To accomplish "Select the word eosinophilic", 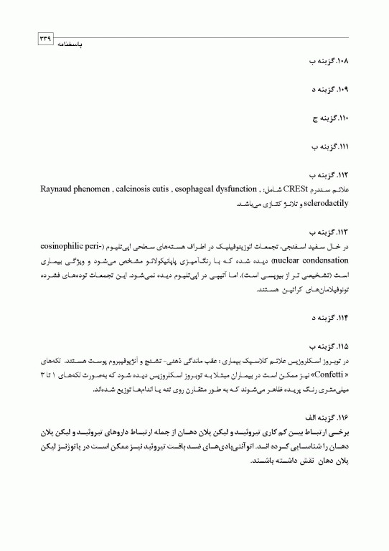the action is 59,246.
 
